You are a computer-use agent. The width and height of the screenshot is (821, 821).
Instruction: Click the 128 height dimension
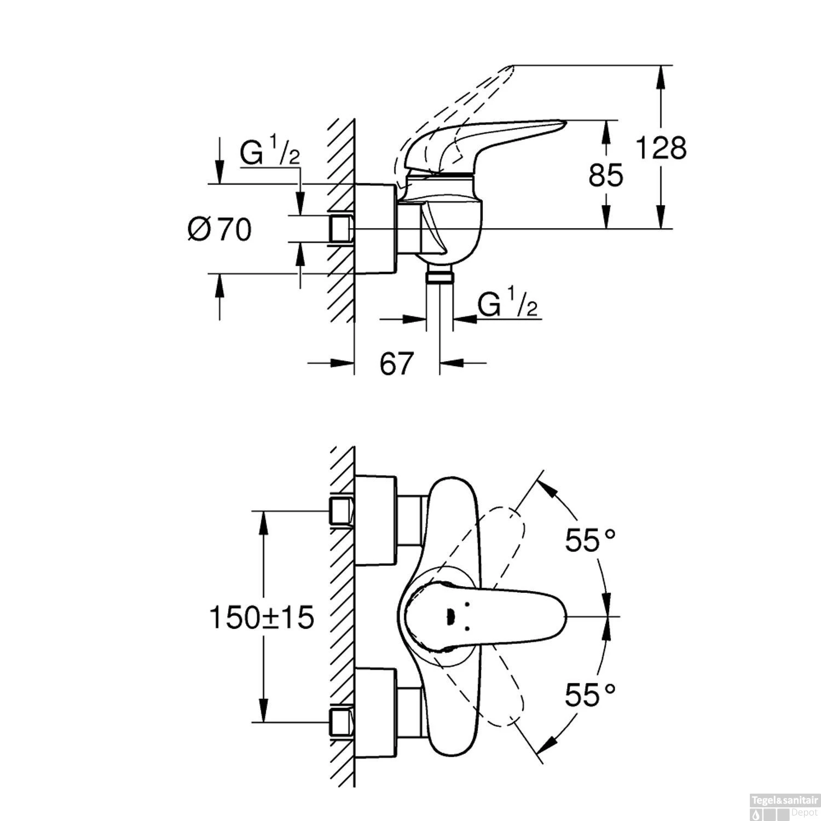click(x=661, y=148)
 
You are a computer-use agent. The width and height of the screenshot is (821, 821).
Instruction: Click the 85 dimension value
click(x=606, y=176)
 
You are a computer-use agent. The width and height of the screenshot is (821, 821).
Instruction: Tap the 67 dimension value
click(x=396, y=363)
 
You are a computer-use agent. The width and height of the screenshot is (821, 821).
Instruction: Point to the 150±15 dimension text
click(x=262, y=618)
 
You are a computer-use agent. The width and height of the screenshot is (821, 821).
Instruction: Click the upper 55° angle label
click(x=591, y=541)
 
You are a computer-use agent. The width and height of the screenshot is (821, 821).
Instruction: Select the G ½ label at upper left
click(x=270, y=154)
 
